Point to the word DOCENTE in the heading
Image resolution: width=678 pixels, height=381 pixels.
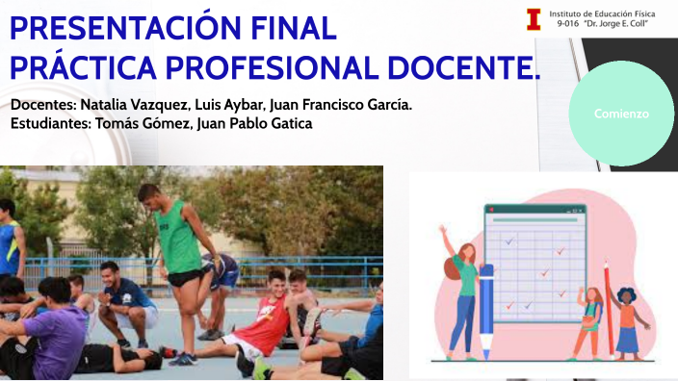[469, 68]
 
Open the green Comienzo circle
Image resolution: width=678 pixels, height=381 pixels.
[621, 114]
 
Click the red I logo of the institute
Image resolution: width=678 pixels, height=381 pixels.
[533, 19]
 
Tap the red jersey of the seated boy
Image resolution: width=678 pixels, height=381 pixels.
[269, 326]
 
